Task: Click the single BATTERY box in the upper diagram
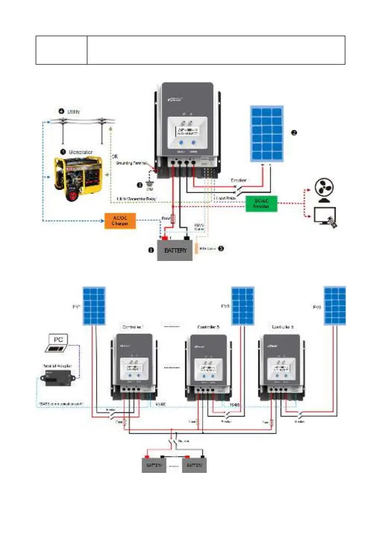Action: pyautogui.click(x=175, y=250)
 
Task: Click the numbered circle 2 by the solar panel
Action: pyautogui.click(x=294, y=132)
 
